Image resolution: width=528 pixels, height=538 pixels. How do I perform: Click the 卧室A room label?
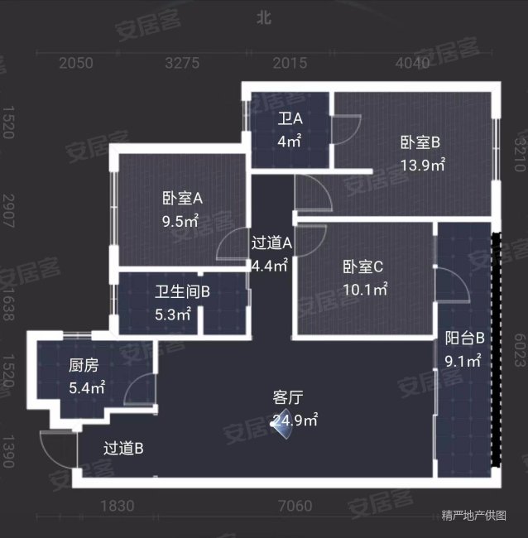(x=182, y=199)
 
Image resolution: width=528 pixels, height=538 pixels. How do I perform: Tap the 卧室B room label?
(x=420, y=142)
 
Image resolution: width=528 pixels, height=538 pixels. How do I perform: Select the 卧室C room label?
(x=363, y=267)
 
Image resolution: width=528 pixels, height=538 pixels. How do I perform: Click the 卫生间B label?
(x=182, y=291)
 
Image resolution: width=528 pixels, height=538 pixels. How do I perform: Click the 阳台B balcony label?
(x=464, y=338)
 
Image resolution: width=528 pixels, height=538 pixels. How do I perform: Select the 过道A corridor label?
(x=272, y=243)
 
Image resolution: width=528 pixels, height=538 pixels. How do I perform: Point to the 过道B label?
(x=124, y=449)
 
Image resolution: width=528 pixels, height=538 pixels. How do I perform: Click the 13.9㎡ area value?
(x=423, y=165)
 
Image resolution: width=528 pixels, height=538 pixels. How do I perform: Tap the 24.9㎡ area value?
(x=296, y=420)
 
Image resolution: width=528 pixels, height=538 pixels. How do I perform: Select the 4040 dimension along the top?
(x=412, y=63)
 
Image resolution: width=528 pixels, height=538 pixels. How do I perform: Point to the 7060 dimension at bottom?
(x=295, y=506)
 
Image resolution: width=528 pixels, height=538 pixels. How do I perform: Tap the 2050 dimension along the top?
(x=75, y=63)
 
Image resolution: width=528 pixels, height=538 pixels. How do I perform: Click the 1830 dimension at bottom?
(x=117, y=506)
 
